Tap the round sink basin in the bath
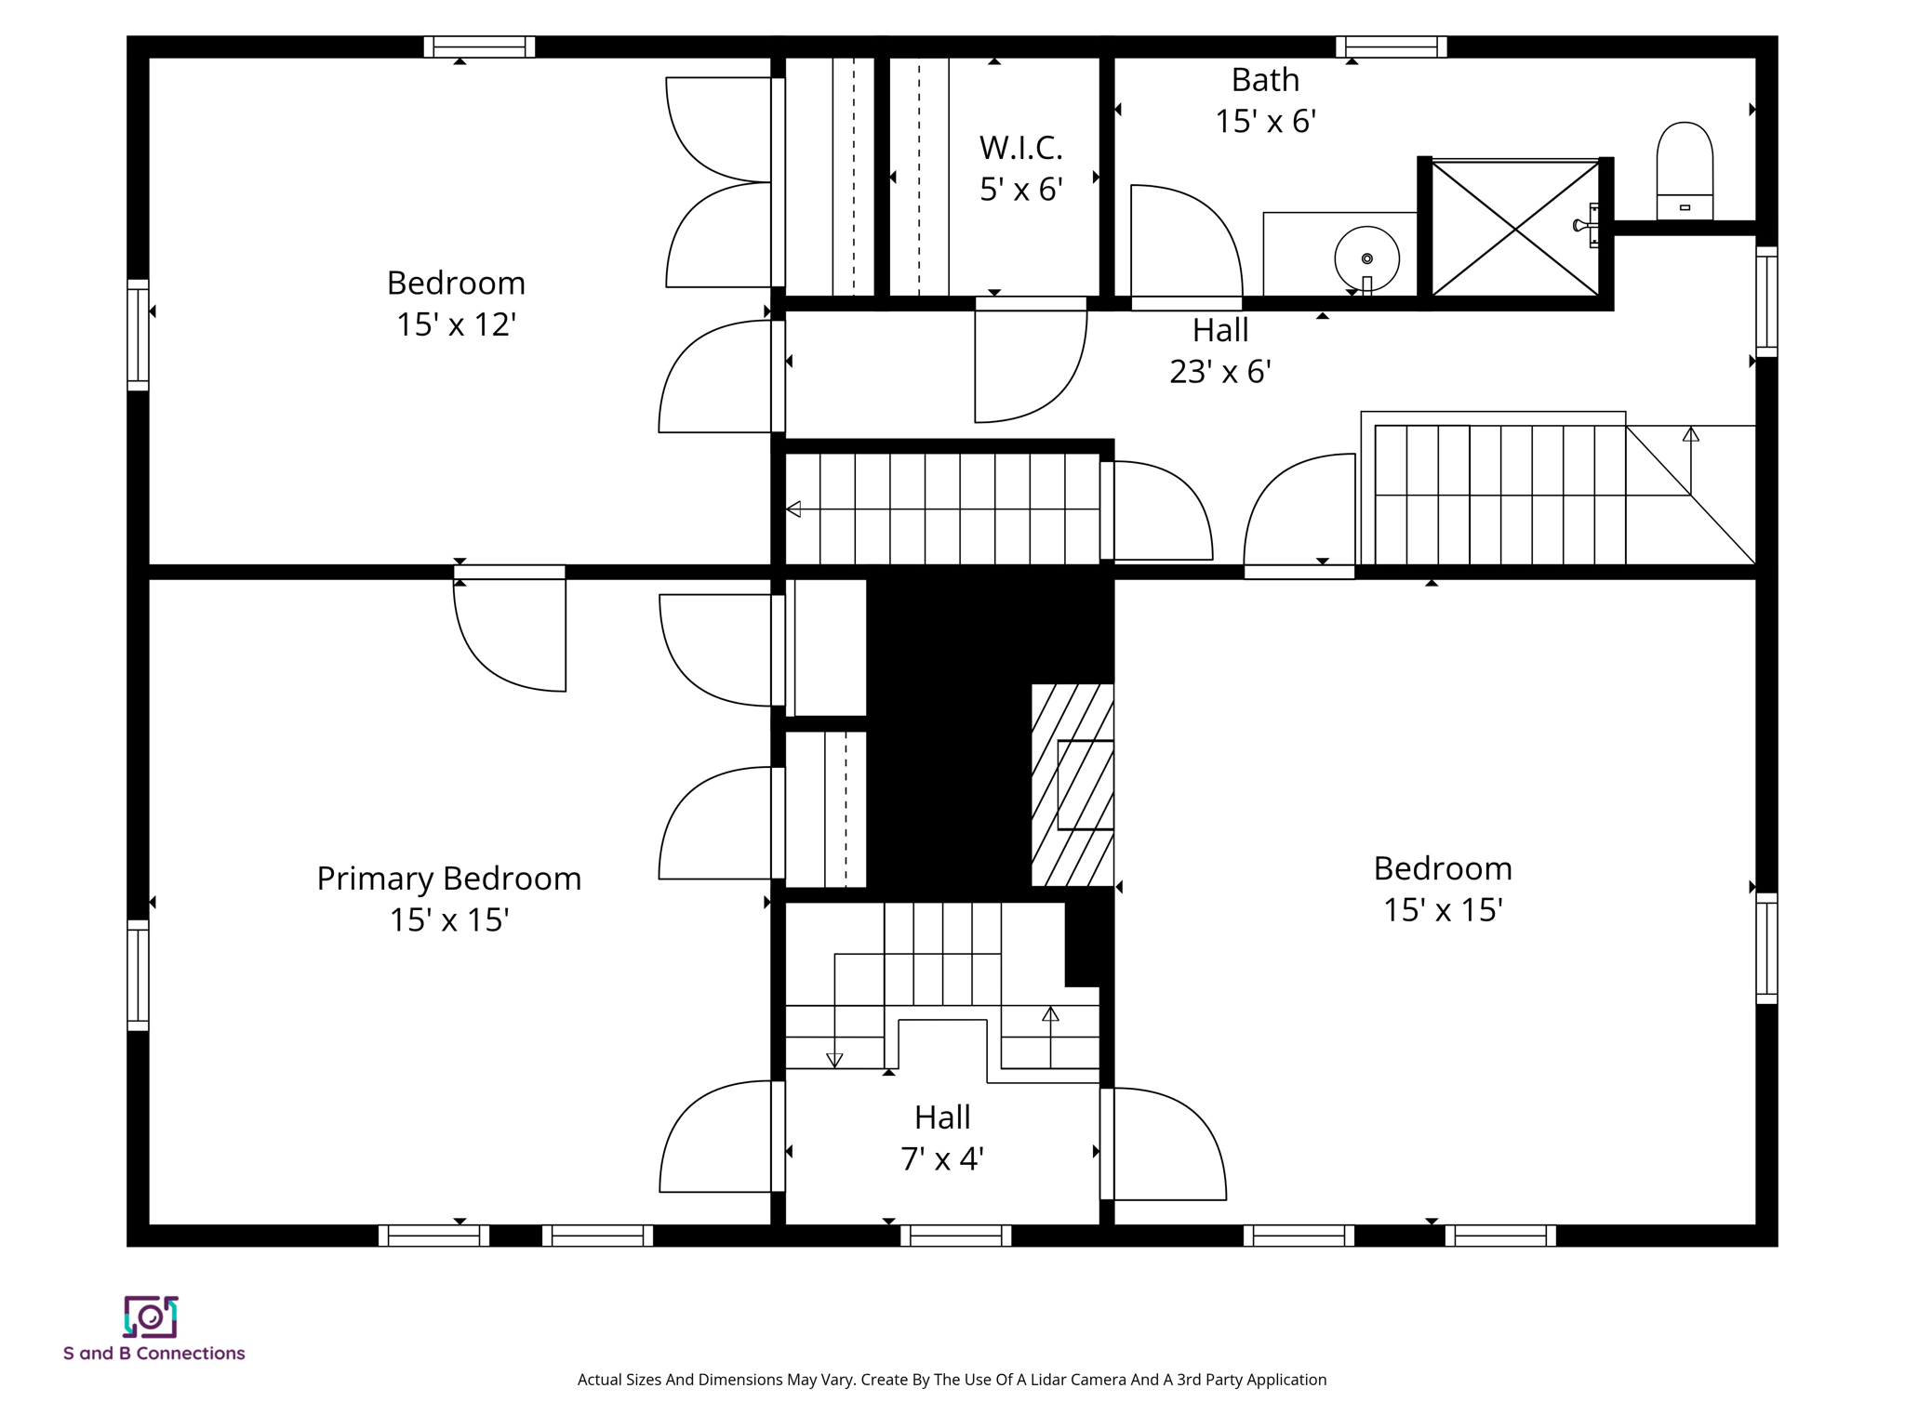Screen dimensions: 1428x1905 click(x=1366, y=258)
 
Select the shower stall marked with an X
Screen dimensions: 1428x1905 click(x=1514, y=229)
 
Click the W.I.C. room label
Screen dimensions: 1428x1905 click(x=1020, y=148)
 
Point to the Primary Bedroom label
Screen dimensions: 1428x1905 click(x=448, y=879)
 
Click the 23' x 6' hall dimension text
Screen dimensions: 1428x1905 click(x=1219, y=372)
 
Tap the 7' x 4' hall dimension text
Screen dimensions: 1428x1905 click(x=941, y=1159)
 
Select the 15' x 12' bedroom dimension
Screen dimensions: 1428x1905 click(x=456, y=324)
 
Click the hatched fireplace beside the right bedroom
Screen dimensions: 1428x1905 click(x=1072, y=786)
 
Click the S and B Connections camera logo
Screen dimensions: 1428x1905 click(x=151, y=1316)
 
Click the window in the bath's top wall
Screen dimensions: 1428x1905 click(x=1391, y=46)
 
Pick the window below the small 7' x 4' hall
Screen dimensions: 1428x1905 click(x=955, y=1236)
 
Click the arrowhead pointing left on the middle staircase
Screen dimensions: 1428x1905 click(x=793, y=509)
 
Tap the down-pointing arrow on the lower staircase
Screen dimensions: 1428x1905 click(x=834, y=1060)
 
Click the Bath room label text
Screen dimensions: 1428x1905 click(x=1265, y=80)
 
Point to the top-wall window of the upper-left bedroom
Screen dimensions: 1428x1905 click(x=479, y=46)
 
